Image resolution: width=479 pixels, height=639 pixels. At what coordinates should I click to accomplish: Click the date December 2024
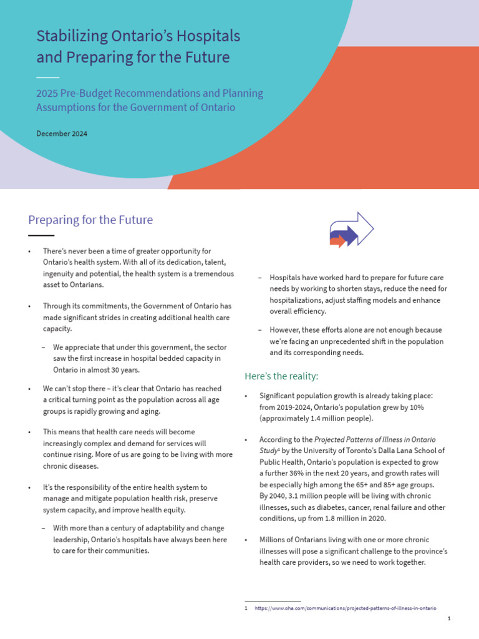coord(62,134)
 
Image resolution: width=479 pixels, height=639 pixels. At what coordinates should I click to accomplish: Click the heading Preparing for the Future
coord(90,220)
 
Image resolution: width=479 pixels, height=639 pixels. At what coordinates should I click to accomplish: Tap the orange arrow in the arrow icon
coord(337,241)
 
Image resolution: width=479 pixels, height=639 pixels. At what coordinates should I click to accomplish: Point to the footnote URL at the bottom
coord(345,608)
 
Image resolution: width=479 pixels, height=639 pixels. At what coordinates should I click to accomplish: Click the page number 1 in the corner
coord(449,618)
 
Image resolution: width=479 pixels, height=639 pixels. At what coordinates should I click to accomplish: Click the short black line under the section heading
coord(41,235)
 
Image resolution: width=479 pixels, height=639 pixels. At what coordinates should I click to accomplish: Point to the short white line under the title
coord(47,77)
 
